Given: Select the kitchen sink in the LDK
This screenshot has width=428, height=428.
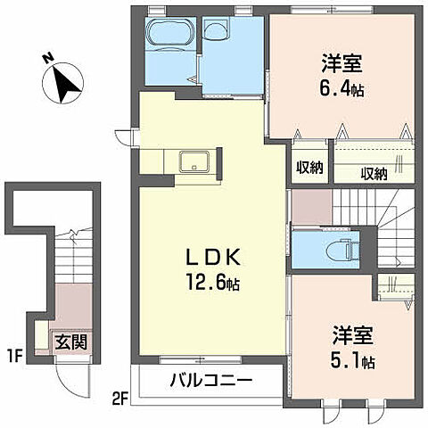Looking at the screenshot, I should coord(193,163).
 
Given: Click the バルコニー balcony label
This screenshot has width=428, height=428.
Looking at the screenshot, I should coord(211,381).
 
